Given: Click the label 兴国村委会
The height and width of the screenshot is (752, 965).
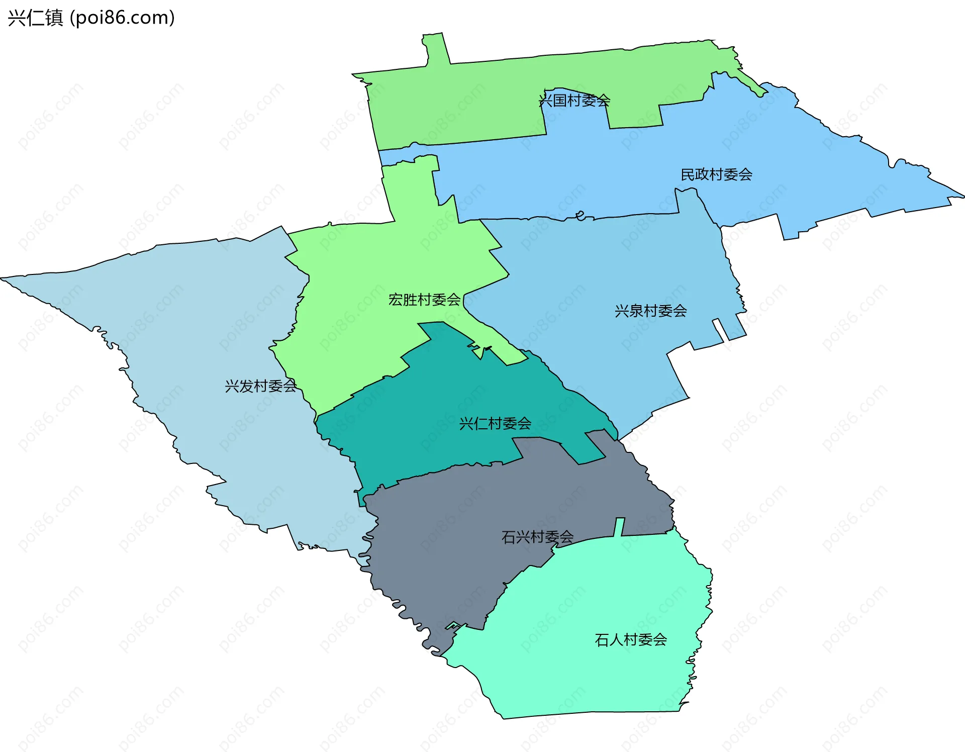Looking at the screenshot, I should pos(574,101).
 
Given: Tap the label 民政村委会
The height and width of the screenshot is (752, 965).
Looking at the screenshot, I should pos(716,174).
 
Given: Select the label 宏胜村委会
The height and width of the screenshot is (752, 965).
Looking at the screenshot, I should pos(424,300).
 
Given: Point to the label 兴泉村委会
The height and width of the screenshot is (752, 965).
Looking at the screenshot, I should pos(650,311).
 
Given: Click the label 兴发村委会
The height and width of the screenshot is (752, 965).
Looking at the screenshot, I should pos(260,386).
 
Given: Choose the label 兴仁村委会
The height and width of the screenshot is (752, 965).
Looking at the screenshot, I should pos(495,423).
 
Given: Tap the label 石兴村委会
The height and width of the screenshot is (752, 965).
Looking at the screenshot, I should pos(537,537).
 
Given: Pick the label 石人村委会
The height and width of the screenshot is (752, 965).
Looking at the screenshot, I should pos(631,639).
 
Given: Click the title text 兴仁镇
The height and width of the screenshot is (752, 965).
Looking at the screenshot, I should pos(36,18).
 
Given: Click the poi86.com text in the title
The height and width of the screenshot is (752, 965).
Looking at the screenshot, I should pos(123,18).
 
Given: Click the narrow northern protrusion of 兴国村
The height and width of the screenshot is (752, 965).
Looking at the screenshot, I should pos(435,48).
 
